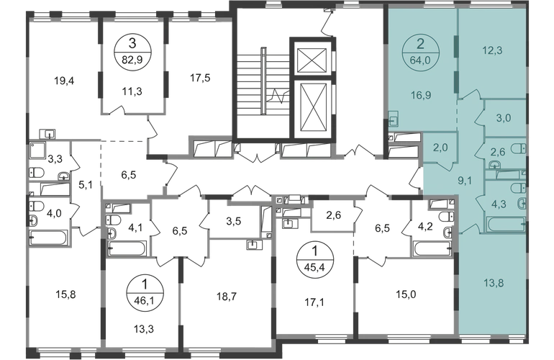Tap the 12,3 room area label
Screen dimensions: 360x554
(x=493, y=51)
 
